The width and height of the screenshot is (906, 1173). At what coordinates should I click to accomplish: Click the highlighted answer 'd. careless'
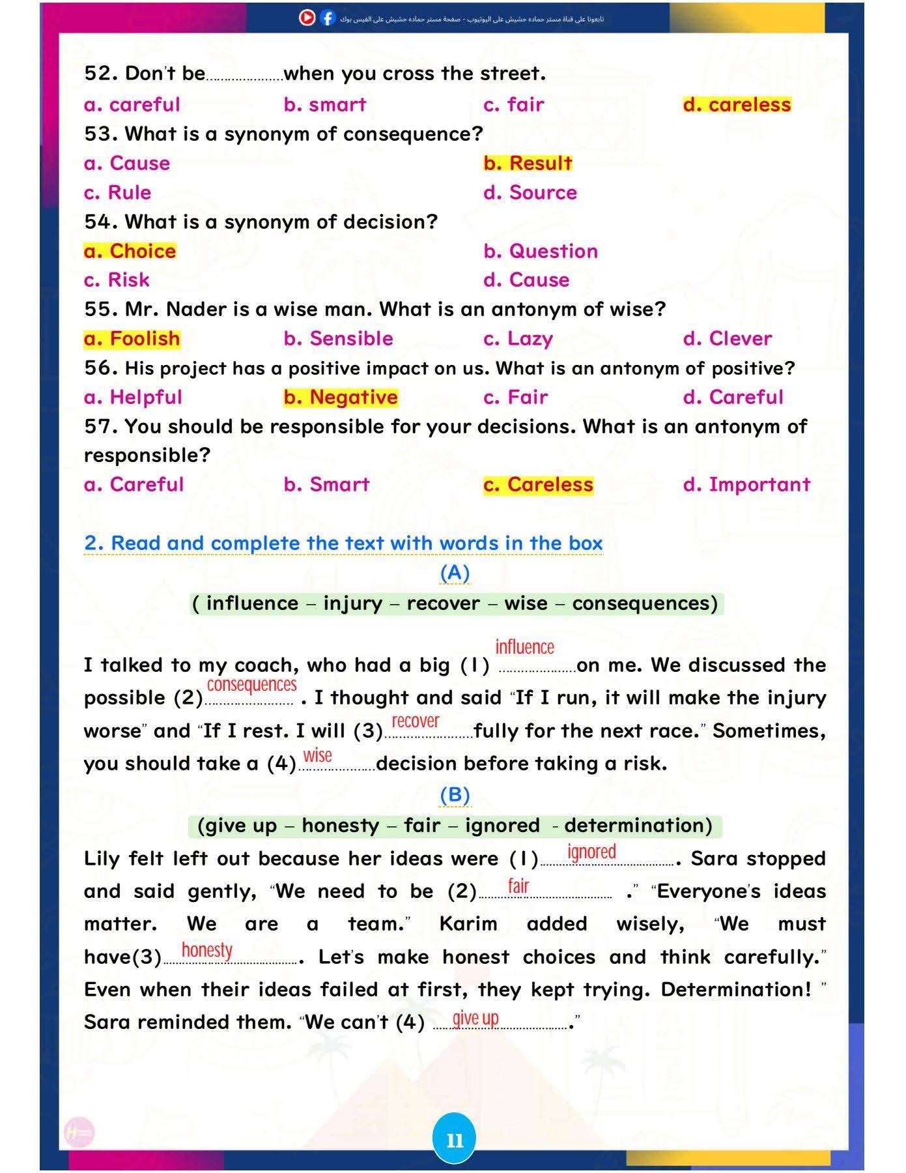737,105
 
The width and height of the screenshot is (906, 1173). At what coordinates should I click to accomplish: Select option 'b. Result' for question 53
528,163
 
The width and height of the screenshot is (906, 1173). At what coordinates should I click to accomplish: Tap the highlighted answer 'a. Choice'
130,251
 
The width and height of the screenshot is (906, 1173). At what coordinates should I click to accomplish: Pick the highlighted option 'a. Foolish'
132,339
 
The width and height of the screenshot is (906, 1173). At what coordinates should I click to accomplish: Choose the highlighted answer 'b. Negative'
340,397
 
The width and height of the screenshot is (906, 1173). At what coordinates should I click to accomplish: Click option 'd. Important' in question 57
746,484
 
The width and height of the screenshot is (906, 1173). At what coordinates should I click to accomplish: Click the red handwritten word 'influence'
524,647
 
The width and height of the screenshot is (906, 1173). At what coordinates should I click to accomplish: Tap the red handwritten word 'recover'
416,721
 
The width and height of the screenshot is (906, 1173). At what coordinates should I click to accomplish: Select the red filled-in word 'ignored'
591,852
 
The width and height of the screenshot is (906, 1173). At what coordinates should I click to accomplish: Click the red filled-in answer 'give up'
475,1018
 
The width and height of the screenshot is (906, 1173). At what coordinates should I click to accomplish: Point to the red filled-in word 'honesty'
206,950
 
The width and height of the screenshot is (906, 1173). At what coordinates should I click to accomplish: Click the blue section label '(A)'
455,573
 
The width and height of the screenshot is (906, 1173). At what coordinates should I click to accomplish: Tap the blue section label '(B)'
455,794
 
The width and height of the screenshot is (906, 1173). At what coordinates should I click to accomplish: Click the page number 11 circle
455,1140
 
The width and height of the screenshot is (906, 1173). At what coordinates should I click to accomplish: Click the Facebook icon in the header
328,18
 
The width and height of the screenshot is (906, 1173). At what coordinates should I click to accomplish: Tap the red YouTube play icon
307,18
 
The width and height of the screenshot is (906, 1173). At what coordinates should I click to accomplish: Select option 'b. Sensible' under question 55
338,339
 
